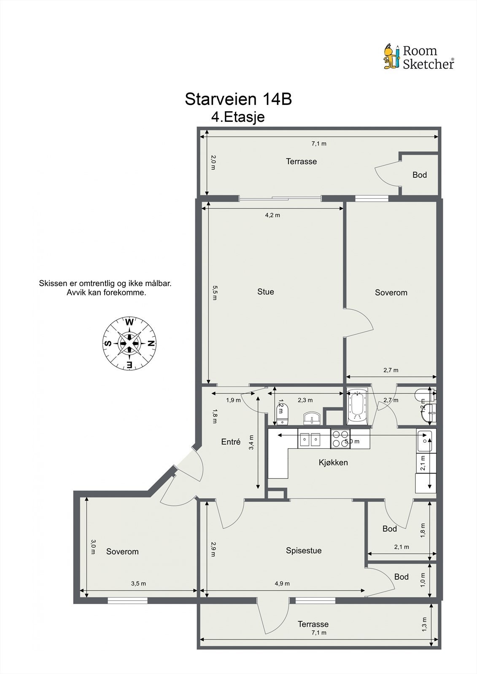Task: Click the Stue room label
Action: click(265, 292)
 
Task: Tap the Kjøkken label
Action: click(333, 463)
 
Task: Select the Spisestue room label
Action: click(304, 551)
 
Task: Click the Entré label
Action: click(231, 442)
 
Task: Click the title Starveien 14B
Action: click(238, 99)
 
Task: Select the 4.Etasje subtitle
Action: click(238, 117)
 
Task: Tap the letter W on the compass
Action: click(129, 323)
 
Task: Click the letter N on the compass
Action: click(151, 343)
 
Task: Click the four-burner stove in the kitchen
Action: click(340, 439)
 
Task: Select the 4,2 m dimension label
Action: click(272, 215)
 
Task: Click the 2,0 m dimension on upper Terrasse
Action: click(213, 163)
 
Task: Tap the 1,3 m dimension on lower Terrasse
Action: click(424, 624)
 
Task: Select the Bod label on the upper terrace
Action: click(420, 175)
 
